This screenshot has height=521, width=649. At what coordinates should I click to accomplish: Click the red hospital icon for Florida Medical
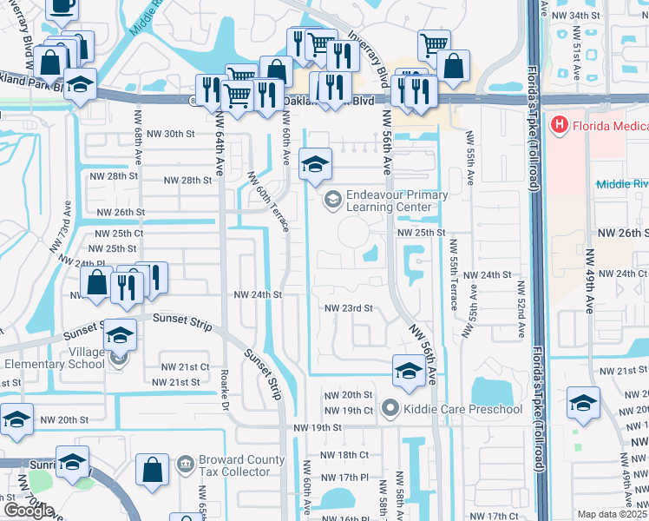(559, 126)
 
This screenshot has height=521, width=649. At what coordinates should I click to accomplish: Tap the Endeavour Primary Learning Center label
(388, 201)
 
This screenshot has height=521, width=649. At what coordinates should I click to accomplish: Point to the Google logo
(28, 511)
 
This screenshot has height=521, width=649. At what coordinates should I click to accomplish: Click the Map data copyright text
(612, 514)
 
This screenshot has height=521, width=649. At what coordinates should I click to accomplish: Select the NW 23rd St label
(348, 308)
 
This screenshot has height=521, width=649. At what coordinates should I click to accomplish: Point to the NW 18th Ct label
(346, 454)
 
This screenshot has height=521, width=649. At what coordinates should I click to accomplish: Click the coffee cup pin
(60, 7)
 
